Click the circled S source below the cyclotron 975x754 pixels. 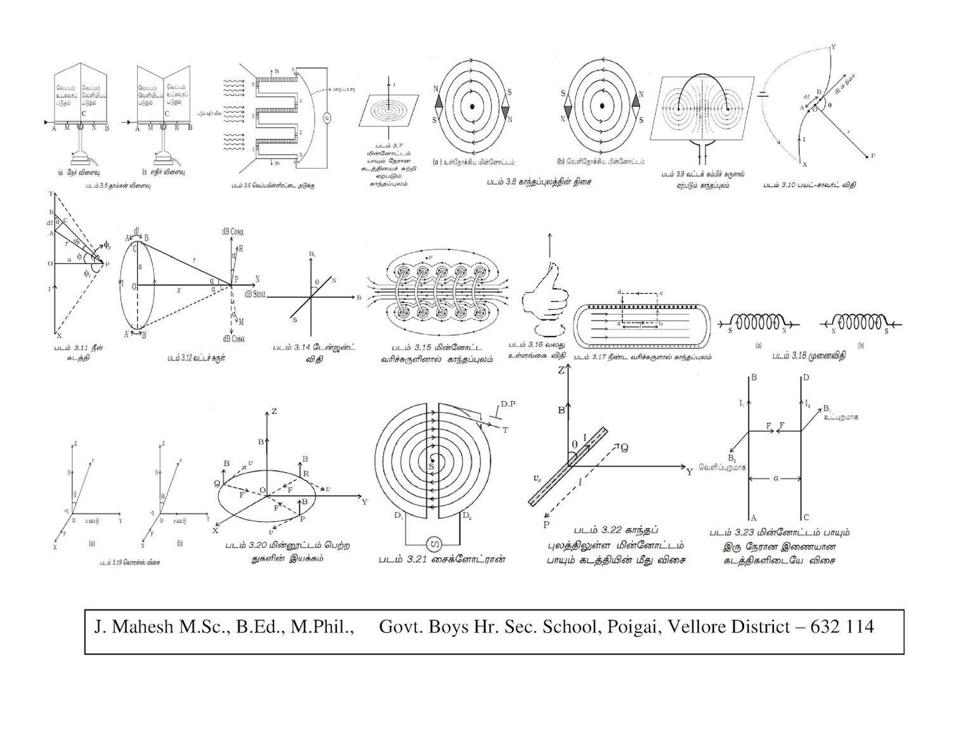point(435,544)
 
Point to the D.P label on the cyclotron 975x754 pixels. point(508,404)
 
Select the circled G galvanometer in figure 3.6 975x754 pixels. point(327,118)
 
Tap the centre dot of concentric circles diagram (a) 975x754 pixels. point(472,106)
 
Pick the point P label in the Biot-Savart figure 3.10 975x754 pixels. point(873,155)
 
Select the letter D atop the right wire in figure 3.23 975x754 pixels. point(806,378)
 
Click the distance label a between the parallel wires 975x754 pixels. point(776,478)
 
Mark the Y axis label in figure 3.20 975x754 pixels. point(364,502)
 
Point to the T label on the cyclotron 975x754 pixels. point(506,431)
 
